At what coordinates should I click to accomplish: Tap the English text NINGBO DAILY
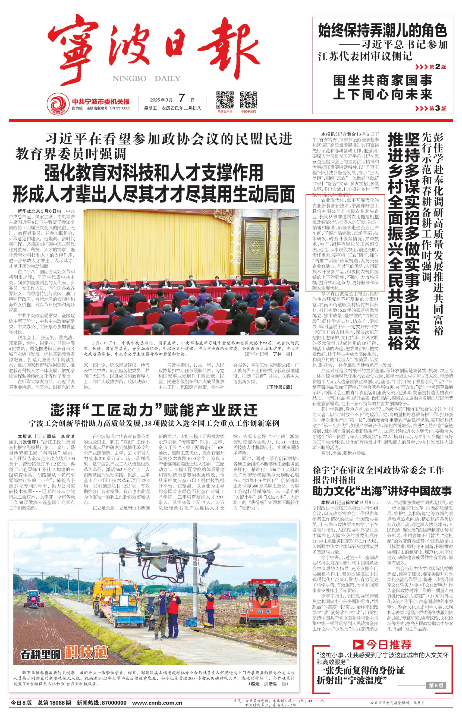coord(146,78)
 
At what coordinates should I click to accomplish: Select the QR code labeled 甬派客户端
coord(225,100)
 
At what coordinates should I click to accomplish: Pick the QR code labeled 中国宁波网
coord(249,100)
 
